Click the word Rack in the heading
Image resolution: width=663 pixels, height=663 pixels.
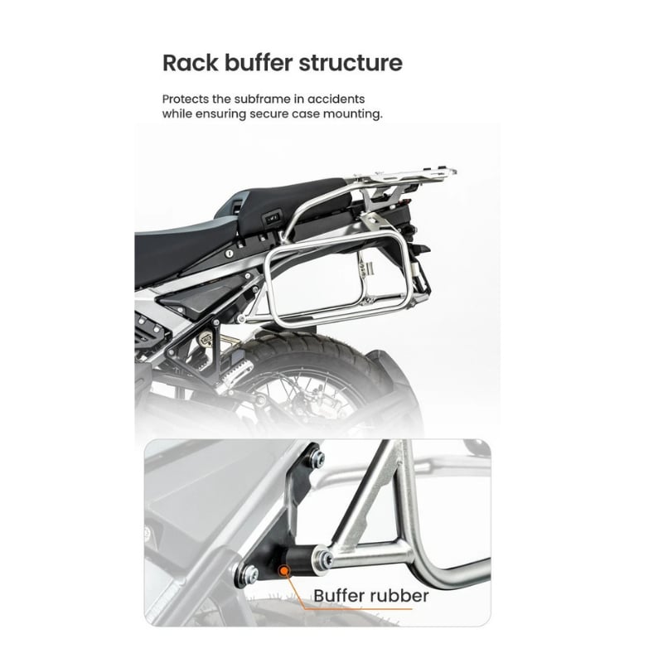(191, 63)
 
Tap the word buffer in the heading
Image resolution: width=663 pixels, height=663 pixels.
(259, 63)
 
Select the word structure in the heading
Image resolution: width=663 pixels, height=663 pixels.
(351, 63)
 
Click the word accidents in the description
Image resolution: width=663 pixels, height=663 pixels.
(336, 99)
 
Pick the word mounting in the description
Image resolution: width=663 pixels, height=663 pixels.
(353, 114)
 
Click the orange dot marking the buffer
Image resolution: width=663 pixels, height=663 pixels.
(284, 571)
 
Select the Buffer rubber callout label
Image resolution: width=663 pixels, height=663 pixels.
(370, 596)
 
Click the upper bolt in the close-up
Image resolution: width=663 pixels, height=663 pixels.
(317, 458)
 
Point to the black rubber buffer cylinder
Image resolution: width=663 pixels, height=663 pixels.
(299, 560)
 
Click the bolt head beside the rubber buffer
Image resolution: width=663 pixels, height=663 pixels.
(323, 558)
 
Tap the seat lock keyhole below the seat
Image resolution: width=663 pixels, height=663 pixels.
(229, 254)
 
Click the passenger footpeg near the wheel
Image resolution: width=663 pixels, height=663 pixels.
(236, 375)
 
